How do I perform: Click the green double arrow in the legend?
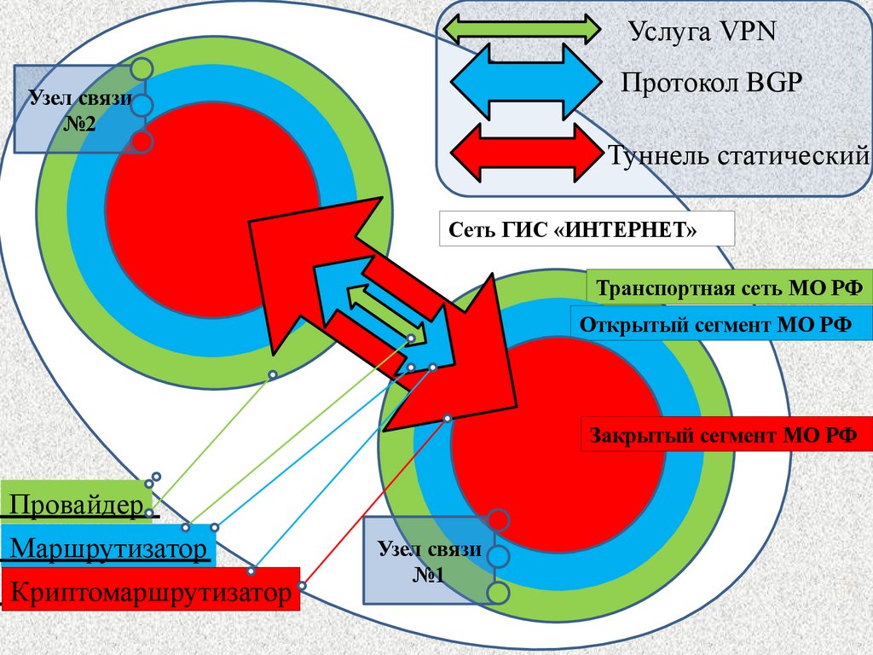click(x=523, y=28)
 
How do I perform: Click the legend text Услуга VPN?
click(x=702, y=32)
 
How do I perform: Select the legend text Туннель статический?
click(x=738, y=156)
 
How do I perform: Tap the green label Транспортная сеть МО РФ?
click(x=730, y=287)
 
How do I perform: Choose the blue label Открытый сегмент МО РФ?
click(x=721, y=324)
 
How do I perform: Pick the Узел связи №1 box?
click(x=422, y=561)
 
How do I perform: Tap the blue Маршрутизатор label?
click(x=107, y=548)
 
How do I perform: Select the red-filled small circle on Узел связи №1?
click(x=498, y=519)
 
